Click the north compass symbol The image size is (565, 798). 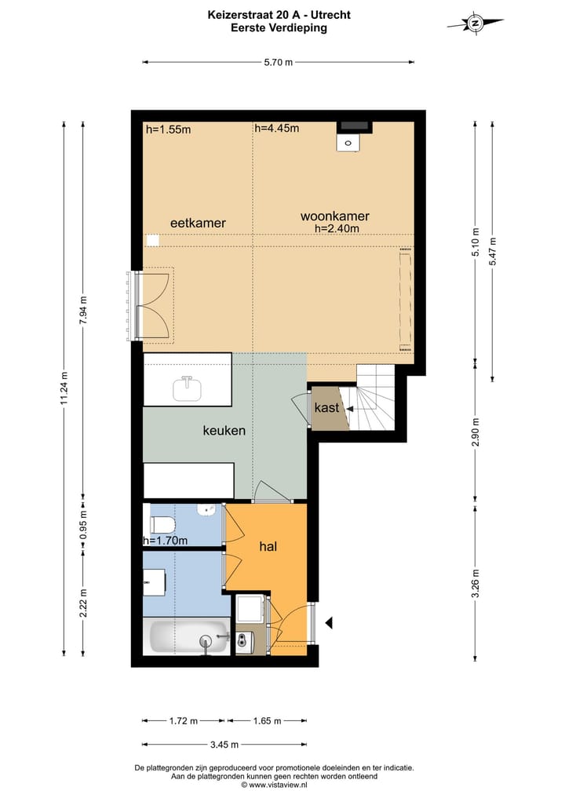pos(476,24)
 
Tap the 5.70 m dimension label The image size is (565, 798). pos(278,63)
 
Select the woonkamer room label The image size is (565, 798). pos(334,217)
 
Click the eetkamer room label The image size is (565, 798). pos(198,223)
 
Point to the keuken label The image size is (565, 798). pos(224,431)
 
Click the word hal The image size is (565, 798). pos(268,547)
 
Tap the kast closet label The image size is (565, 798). pos(326,408)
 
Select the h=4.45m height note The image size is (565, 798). pos(277,128)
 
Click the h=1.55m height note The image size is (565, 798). pos(169,129)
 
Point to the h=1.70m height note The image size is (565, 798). pos(166,541)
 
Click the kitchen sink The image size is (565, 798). pos(187,388)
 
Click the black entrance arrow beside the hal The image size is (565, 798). pos(329,622)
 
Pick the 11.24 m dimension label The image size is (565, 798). pos(64,388)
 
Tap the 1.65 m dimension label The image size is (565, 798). pos(268,720)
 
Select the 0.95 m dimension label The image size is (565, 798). pos(83,525)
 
